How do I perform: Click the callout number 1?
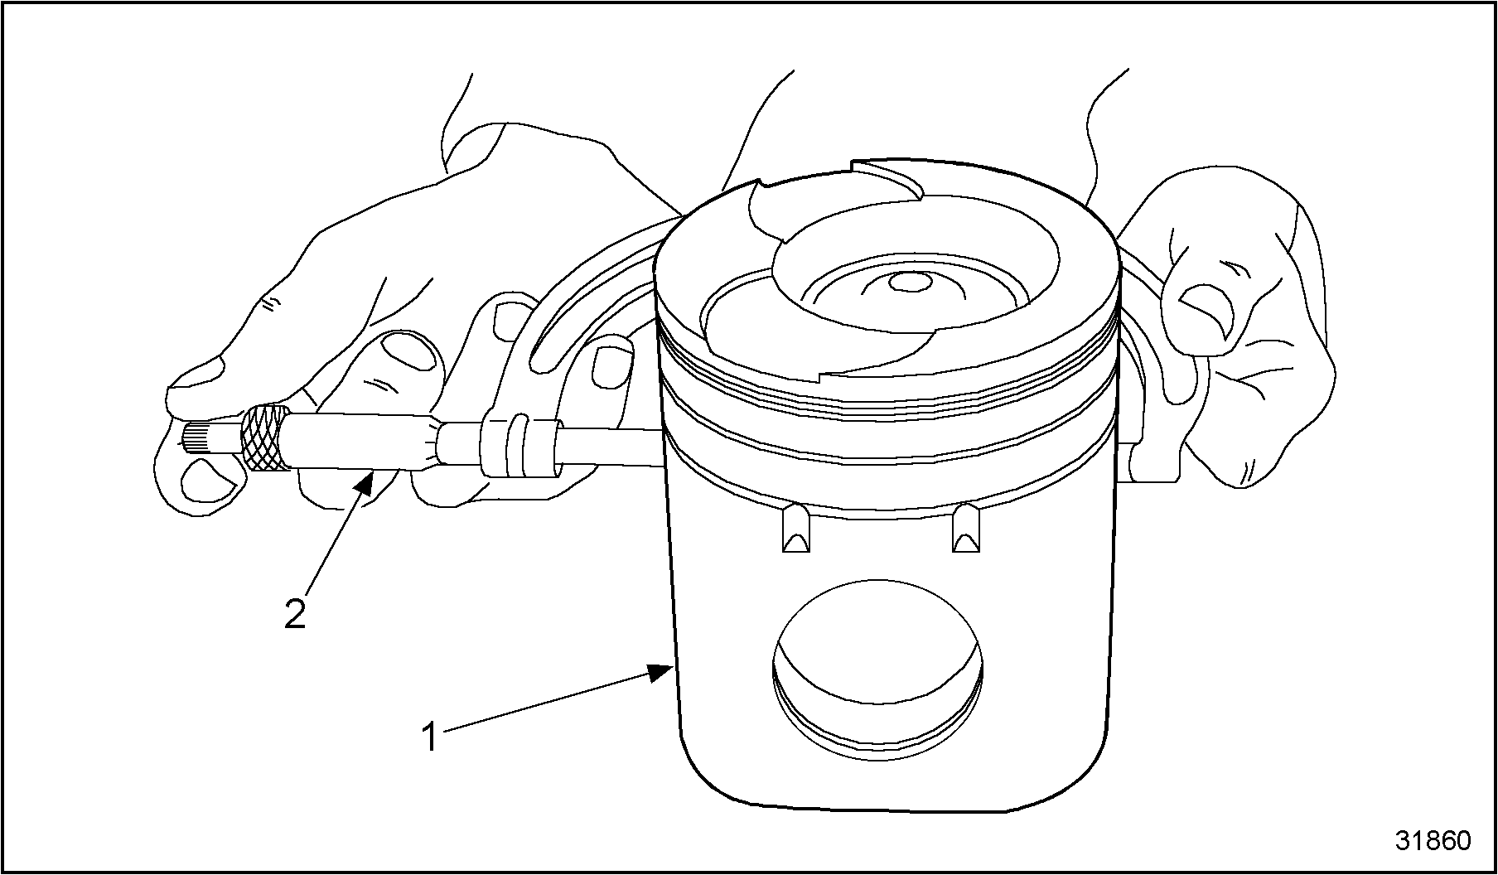coord(429,737)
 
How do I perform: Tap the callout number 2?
coord(296,613)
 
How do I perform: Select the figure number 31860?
coord(1433,841)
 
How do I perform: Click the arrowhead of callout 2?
coord(365,481)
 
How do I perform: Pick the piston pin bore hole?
coord(878,669)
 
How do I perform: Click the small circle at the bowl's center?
coord(905,282)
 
